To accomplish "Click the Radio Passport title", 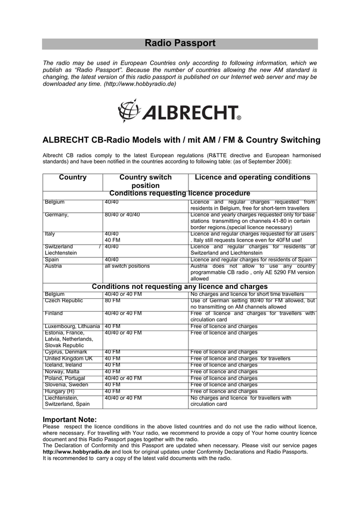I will point(180,44).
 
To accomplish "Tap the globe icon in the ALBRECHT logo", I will point(128,110).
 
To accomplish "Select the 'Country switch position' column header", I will point(145,181).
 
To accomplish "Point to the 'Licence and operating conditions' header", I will point(252,177).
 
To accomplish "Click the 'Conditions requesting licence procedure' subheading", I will point(180,193).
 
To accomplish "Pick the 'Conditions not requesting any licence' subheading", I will point(180,287).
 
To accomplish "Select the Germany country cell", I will point(57,215).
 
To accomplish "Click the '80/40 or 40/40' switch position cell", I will point(122,215).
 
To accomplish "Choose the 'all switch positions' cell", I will point(127,266).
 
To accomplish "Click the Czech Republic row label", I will point(64,301).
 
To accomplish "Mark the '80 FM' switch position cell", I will point(112,301).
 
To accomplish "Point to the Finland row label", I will point(54,314).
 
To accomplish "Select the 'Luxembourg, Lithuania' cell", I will point(72,327).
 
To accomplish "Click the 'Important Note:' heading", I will point(70,420).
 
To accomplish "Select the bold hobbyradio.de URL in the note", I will point(76,452).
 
